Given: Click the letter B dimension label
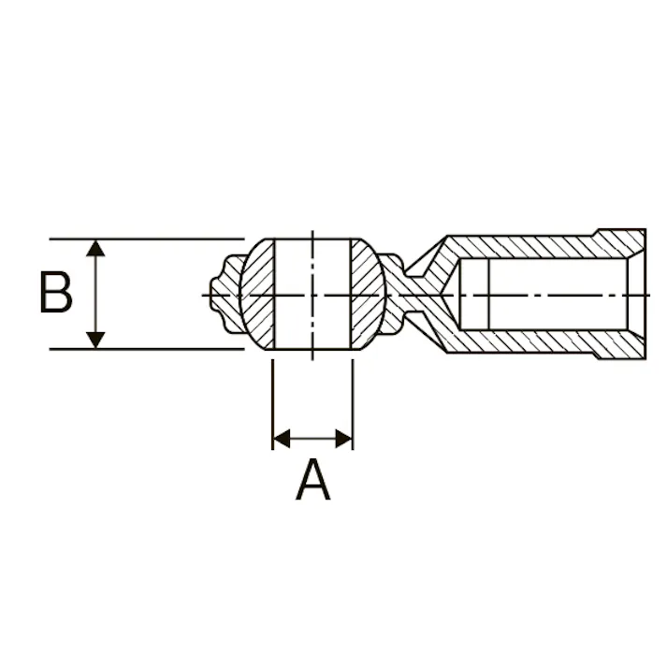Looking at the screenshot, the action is pyautogui.click(x=56, y=293).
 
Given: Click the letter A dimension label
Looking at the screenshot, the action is pyautogui.click(x=312, y=479).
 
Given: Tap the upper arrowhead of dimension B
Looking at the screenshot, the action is pyautogui.click(x=95, y=248).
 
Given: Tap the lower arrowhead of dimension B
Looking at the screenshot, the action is pyautogui.click(x=95, y=340).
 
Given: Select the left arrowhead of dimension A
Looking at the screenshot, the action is pyautogui.click(x=282, y=439).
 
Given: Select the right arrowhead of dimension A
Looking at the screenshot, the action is pyautogui.click(x=343, y=439).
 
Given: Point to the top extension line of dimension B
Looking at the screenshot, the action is pyautogui.click(x=147, y=239).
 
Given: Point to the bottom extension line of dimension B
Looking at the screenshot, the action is pyautogui.click(x=147, y=349).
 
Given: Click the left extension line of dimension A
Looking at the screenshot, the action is pyautogui.click(x=272, y=404).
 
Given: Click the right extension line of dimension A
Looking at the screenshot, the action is pyautogui.click(x=353, y=404).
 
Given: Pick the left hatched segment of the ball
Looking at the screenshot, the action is pyautogui.click(x=258, y=295).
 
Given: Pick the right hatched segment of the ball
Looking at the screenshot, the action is pyautogui.click(x=367, y=295).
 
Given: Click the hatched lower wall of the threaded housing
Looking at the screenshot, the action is pyautogui.click(x=540, y=342).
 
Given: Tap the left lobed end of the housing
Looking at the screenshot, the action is pyautogui.click(x=226, y=295).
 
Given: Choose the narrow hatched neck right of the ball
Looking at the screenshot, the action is pyautogui.click(x=409, y=295).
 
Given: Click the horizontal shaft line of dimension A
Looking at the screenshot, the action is pyautogui.click(x=312, y=439).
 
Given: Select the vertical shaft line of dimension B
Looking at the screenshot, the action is pyautogui.click(x=95, y=294).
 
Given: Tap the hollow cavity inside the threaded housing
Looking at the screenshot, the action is pyautogui.click(x=544, y=295).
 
